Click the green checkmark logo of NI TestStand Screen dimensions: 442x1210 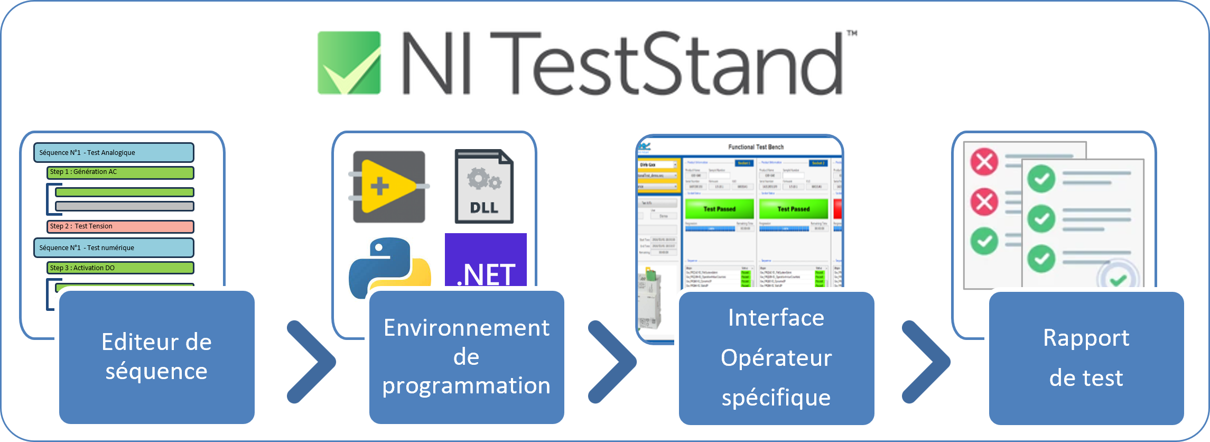[349, 62]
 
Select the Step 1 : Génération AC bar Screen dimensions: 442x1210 [120, 172]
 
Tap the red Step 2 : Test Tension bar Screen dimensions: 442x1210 [120, 226]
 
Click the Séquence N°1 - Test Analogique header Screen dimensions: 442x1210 [114, 152]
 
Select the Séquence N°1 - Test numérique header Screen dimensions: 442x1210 [114, 247]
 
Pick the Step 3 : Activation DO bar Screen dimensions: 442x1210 [120, 268]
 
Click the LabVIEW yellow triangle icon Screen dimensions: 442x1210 [389, 186]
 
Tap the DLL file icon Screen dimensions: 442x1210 [484, 186]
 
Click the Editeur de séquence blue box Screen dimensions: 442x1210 [156, 357]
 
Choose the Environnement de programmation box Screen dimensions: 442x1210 [466, 357]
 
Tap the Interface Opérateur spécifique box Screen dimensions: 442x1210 [776, 358]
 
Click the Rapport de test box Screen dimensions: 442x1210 [1086, 358]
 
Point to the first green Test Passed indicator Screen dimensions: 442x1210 [720, 209]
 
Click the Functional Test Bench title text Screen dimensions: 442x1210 [756, 147]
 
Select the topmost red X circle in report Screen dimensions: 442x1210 [984, 161]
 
